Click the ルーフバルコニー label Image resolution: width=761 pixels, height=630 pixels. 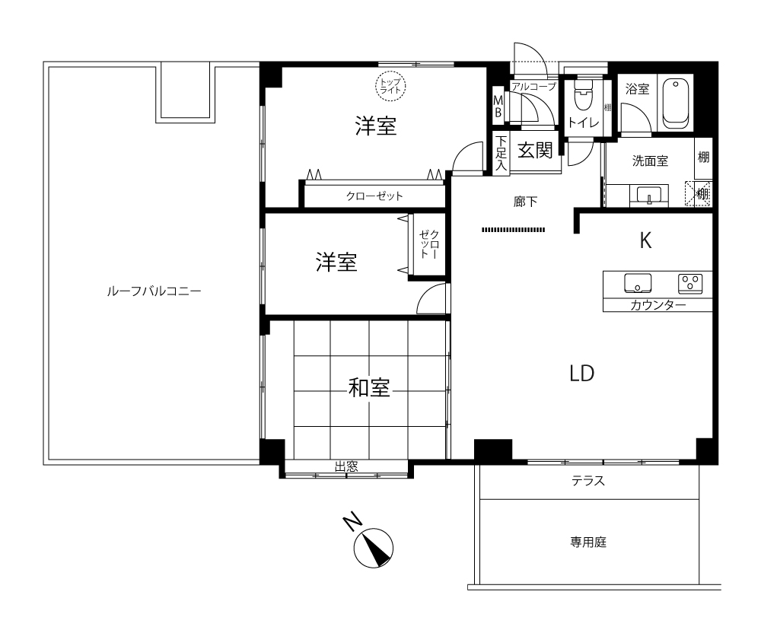(x=154, y=291)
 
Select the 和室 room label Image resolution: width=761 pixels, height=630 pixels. (x=369, y=388)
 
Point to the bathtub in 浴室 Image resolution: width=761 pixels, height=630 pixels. (x=676, y=103)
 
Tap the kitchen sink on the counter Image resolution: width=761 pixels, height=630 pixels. (x=638, y=284)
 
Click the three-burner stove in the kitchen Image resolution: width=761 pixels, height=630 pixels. (x=690, y=283)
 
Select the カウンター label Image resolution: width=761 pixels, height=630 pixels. (x=658, y=305)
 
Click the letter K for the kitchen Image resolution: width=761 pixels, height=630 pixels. (x=645, y=240)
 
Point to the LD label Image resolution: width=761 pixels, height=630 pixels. (x=582, y=374)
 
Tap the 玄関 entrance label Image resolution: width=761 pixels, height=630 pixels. (x=535, y=151)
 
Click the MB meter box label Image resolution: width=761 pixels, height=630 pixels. (x=498, y=107)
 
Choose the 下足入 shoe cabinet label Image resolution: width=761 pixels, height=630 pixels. (x=501, y=153)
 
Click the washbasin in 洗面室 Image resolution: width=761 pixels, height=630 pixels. (x=648, y=196)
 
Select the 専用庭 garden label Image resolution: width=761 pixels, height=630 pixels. (x=588, y=542)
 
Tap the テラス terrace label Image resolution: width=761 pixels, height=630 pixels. (x=588, y=481)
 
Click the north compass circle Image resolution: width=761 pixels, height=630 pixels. (x=373, y=548)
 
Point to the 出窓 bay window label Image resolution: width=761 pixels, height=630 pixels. (x=346, y=467)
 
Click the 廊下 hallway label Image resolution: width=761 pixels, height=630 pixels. (x=525, y=202)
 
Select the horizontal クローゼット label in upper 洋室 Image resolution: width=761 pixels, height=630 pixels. (x=374, y=196)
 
